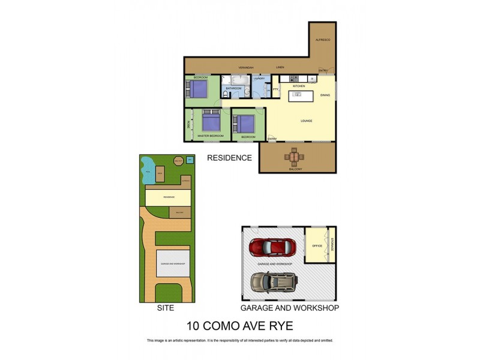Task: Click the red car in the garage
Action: (x=273, y=247)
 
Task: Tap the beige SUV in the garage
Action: (x=274, y=281)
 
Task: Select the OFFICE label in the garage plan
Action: (x=317, y=246)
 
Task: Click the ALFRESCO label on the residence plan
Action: (x=323, y=40)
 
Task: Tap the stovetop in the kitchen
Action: (x=293, y=79)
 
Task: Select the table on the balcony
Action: (x=294, y=157)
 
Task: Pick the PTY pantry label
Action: (x=275, y=89)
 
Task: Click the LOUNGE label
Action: (x=307, y=121)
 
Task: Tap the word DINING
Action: (x=325, y=95)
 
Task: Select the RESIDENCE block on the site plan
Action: (x=168, y=196)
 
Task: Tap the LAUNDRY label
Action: (x=259, y=78)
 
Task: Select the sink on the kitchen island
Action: (x=312, y=79)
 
